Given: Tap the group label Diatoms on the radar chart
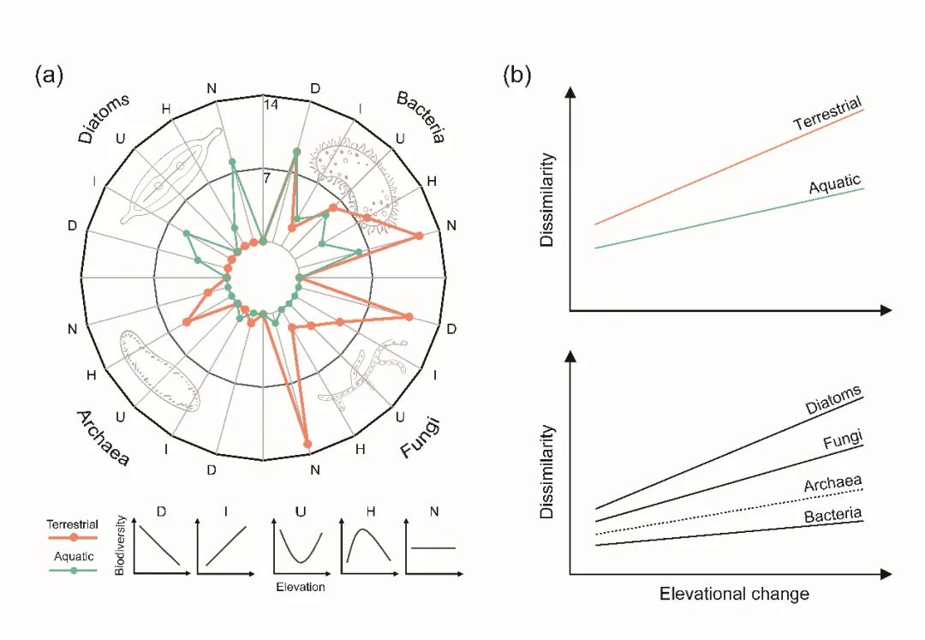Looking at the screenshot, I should tap(105, 117).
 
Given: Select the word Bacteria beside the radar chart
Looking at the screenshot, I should tap(421, 117).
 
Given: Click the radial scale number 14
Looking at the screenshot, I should tap(272, 105).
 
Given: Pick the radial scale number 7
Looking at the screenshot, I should tap(267, 178).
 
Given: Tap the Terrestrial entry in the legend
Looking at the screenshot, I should tap(72, 524).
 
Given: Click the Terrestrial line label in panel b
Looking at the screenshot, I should tap(827, 113).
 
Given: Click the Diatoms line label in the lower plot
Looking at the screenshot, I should tap(833, 400).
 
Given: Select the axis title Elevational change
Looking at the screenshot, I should tap(734, 594).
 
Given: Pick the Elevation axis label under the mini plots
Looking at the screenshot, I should tap(301, 588).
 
